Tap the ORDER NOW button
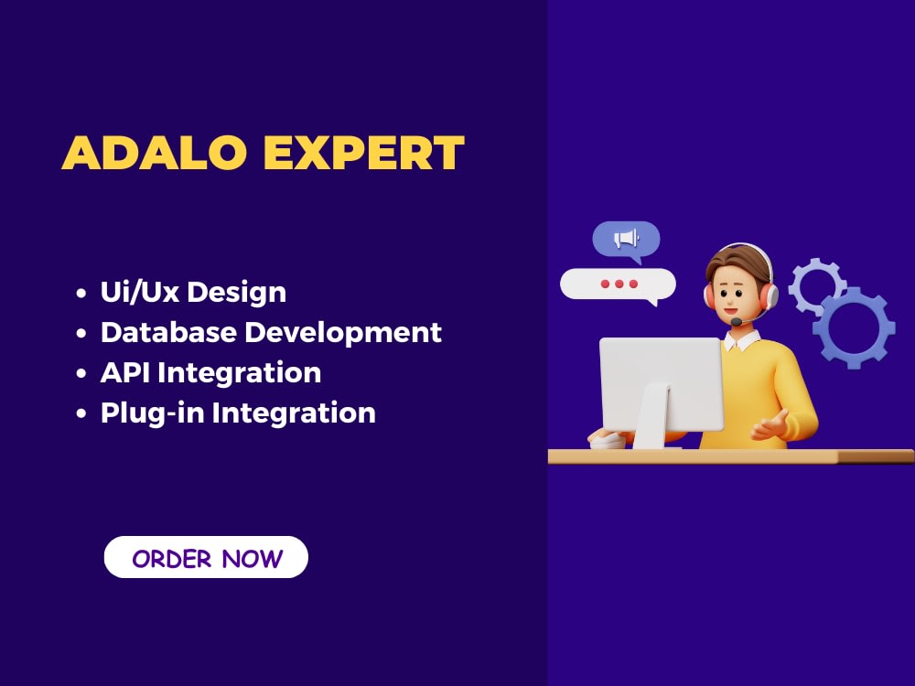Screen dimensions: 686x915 (x=207, y=558)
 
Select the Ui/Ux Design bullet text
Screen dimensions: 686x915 (x=193, y=292)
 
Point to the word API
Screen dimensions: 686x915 (x=124, y=372)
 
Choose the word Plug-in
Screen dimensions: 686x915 (x=152, y=413)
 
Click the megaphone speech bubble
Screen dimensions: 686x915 (x=626, y=240)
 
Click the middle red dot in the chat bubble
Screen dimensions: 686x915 (x=619, y=284)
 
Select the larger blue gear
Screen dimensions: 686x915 (x=853, y=327)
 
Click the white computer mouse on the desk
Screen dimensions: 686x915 (x=608, y=440)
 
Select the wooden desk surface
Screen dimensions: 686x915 (x=732, y=456)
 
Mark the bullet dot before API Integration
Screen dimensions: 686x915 (x=81, y=374)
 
